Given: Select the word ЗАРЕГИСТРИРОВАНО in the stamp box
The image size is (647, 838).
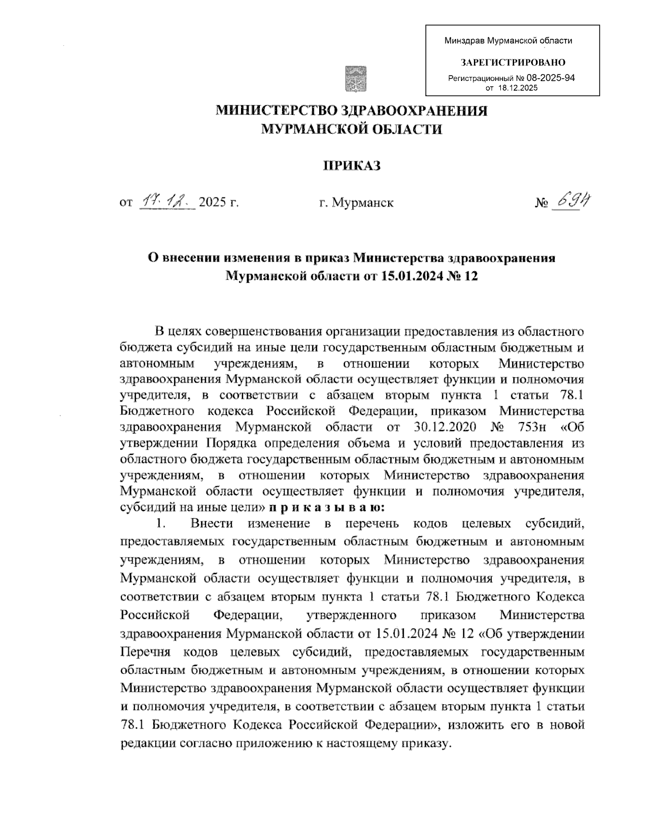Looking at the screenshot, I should (512, 63).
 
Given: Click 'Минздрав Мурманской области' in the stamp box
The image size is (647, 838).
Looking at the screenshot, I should (508, 40).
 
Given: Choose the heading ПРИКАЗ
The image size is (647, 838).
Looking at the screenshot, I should (352, 165).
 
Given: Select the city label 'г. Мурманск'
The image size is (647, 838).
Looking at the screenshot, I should (356, 203).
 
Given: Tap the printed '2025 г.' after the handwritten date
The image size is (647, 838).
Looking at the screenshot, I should (219, 203).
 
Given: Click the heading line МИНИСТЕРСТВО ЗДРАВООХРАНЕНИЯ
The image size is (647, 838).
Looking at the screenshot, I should (352, 111).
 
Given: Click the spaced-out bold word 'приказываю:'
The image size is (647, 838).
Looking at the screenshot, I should (327, 507).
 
